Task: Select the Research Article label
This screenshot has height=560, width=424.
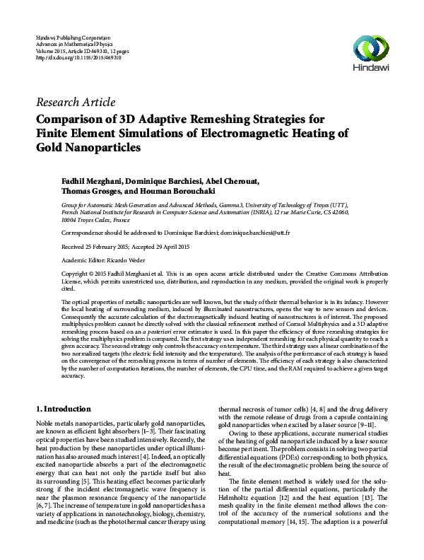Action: click(75, 102)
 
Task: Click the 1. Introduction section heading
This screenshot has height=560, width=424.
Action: click(63, 409)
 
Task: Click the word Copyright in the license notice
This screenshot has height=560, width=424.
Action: click(77, 273)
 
